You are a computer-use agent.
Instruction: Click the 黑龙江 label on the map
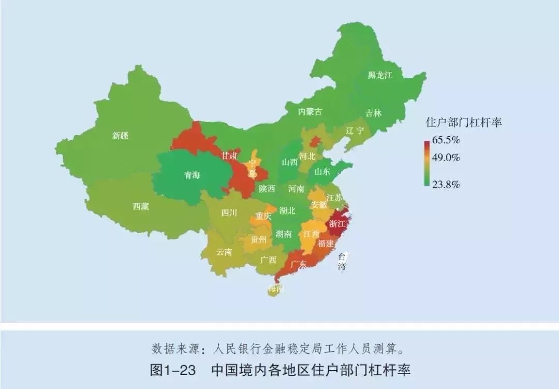tap(380, 75)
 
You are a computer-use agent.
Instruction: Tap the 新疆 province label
tap(120, 136)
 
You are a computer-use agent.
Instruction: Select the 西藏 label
tap(141, 206)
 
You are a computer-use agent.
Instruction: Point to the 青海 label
tap(192, 175)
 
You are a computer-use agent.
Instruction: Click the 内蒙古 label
tap(310, 111)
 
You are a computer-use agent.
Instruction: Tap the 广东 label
tap(298, 264)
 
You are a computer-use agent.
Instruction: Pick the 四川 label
tap(229, 212)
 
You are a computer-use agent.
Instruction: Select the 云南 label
tap(224, 252)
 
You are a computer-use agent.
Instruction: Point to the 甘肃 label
tap(229, 155)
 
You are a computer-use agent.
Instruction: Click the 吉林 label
tap(373, 113)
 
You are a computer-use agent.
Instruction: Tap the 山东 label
tap(322, 171)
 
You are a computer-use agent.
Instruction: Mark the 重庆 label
tap(263, 217)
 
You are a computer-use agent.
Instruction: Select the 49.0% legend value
tap(446, 157)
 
